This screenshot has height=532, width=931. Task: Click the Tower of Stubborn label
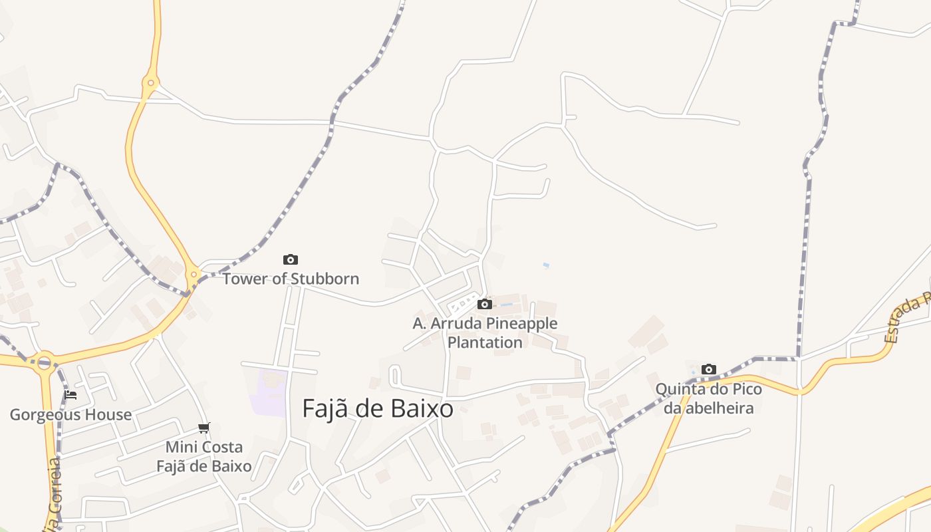[x=291, y=279]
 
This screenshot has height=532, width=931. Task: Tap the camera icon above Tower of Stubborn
[x=291, y=259]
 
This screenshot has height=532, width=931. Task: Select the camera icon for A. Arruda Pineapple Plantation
[x=485, y=304]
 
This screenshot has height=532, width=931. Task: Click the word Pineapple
[x=522, y=324]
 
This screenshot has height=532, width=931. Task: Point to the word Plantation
[x=485, y=342]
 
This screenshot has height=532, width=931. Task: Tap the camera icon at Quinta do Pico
[x=709, y=369]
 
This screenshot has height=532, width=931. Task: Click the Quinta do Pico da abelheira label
[x=709, y=398]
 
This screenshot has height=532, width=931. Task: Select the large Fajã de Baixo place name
[x=378, y=408]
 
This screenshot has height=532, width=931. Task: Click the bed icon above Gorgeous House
[x=70, y=394]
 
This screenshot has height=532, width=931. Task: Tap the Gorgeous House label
[x=70, y=415]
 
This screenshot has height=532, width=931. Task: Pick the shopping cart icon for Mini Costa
[x=204, y=428]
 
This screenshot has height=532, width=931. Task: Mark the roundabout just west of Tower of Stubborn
[x=194, y=273]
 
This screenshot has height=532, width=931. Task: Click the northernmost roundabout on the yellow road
[x=150, y=83]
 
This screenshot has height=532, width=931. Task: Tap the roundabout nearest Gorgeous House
[x=45, y=362]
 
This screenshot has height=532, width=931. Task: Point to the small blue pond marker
[x=546, y=265]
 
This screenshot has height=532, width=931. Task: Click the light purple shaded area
[x=269, y=393]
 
